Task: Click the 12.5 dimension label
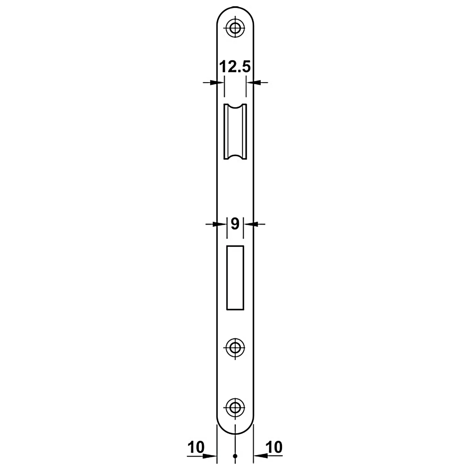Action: [235, 67]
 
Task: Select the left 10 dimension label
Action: [196, 447]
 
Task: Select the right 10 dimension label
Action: [274, 447]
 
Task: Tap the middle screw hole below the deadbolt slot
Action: [235, 347]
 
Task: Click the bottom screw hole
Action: [235, 407]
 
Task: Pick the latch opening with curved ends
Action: [235, 132]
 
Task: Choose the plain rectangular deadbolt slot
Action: [235, 278]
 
